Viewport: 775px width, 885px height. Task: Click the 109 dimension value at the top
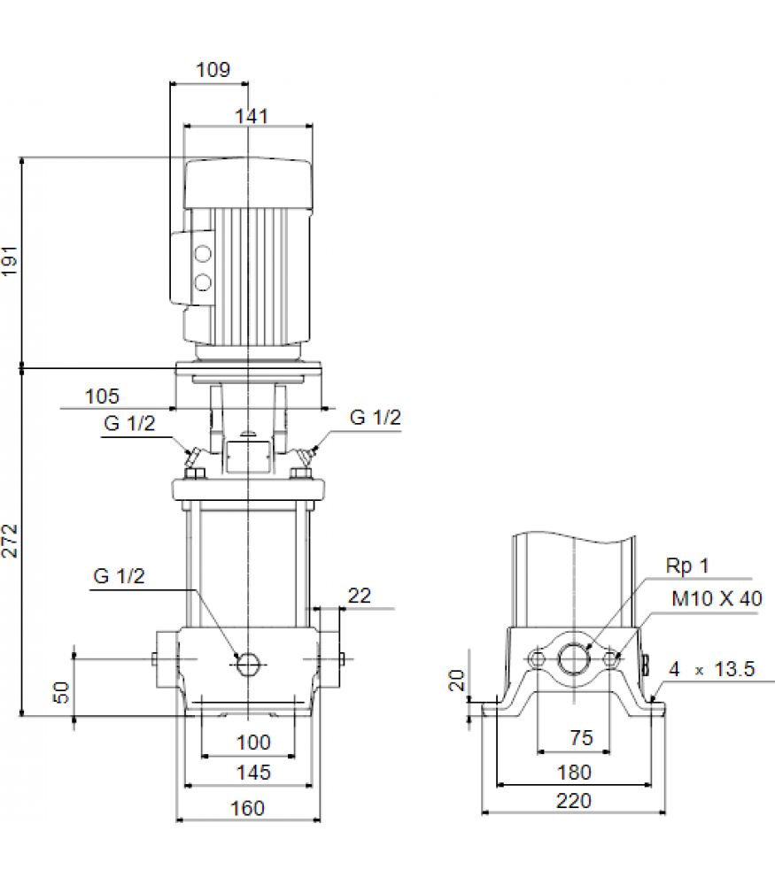point(213,70)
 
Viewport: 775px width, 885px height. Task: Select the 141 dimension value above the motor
point(252,116)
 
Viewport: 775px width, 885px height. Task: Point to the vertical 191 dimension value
point(10,261)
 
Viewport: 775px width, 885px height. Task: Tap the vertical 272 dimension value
point(10,541)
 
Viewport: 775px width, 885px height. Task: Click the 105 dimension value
point(102,396)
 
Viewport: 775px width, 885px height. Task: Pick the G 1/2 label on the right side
point(375,417)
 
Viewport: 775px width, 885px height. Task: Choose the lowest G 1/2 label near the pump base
point(120,576)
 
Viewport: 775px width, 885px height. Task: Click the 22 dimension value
point(360,596)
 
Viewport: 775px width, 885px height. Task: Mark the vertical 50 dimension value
point(61,692)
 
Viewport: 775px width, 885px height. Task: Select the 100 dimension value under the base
point(253,743)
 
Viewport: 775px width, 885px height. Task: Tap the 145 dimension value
point(253,772)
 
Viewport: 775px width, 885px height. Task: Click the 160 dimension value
point(247,808)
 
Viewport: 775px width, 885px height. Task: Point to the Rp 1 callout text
point(687,566)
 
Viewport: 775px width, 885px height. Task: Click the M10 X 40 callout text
point(717,598)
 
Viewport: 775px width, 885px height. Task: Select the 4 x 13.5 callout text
point(712,669)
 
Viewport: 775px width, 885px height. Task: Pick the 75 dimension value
point(581,738)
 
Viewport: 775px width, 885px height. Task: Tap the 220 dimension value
point(574,801)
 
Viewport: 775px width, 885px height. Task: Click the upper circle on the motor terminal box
point(203,253)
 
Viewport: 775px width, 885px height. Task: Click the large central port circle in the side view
point(574,658)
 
